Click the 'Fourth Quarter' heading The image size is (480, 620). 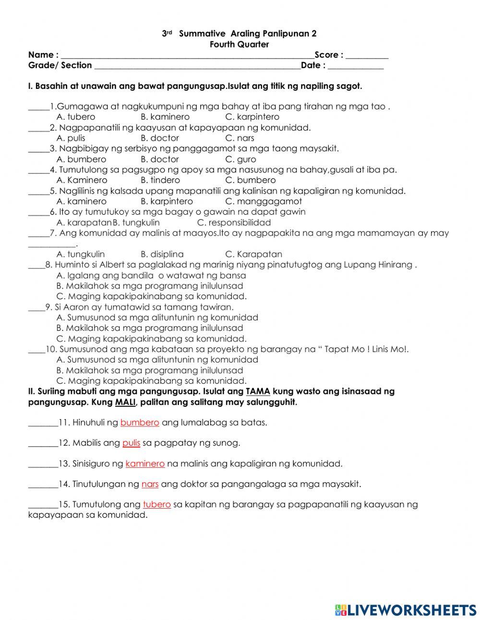(239, 44)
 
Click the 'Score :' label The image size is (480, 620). (329, 55)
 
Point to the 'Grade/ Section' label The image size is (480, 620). (60, 65)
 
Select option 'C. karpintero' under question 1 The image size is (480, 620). (252, 117)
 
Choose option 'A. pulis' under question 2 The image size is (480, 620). (71, 138)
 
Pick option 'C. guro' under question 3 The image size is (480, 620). (240, 159)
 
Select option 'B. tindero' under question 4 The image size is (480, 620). (160, 180)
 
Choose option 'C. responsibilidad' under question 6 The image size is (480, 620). (234, 222)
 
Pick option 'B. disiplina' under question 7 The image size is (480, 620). (162, 254)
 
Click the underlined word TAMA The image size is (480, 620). (258, 391)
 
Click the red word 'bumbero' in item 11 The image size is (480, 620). (140, 423)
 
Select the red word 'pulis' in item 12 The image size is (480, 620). (131, 443)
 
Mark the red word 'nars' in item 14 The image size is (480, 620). (150, 484)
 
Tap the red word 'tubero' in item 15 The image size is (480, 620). (156, 504)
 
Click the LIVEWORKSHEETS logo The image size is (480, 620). (406, 610)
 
